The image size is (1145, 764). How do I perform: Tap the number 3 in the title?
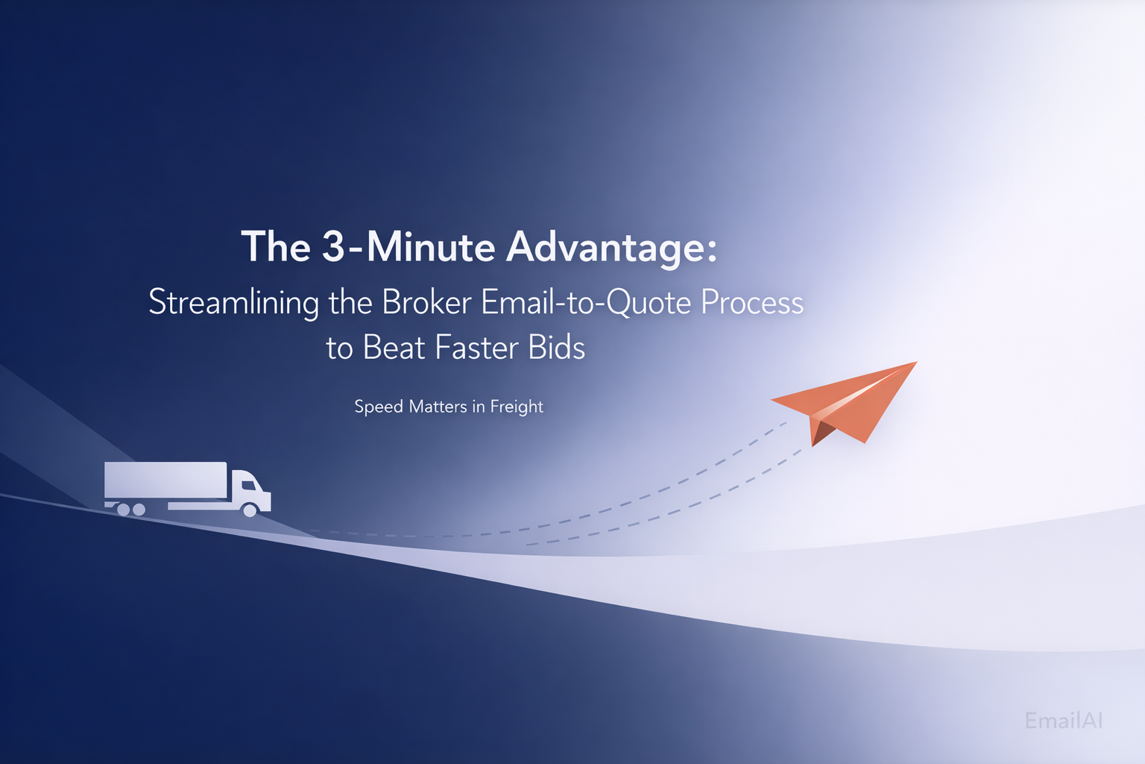click(x=333, y=246)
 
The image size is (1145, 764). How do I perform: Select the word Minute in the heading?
click(x=431, y=246)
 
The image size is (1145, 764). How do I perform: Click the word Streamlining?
click(x=233, y=302)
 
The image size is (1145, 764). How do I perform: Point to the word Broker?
click(x=427, y=302)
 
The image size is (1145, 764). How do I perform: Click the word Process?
click(x=752, y=302)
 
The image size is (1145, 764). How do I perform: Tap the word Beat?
click(x=394, y=348)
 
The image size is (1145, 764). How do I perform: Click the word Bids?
click(x=556, y=348)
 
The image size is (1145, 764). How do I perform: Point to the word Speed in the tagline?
click(x=379, y=407)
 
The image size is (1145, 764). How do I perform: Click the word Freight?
click(x=517, y=407)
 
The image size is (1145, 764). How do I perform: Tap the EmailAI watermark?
click(x=1064, y=721)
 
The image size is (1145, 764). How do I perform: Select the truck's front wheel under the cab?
click(x=250, y=510)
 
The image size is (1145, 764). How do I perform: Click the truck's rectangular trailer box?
click(x=165, y=480)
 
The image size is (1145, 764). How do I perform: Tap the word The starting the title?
click(x=276, y=246)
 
